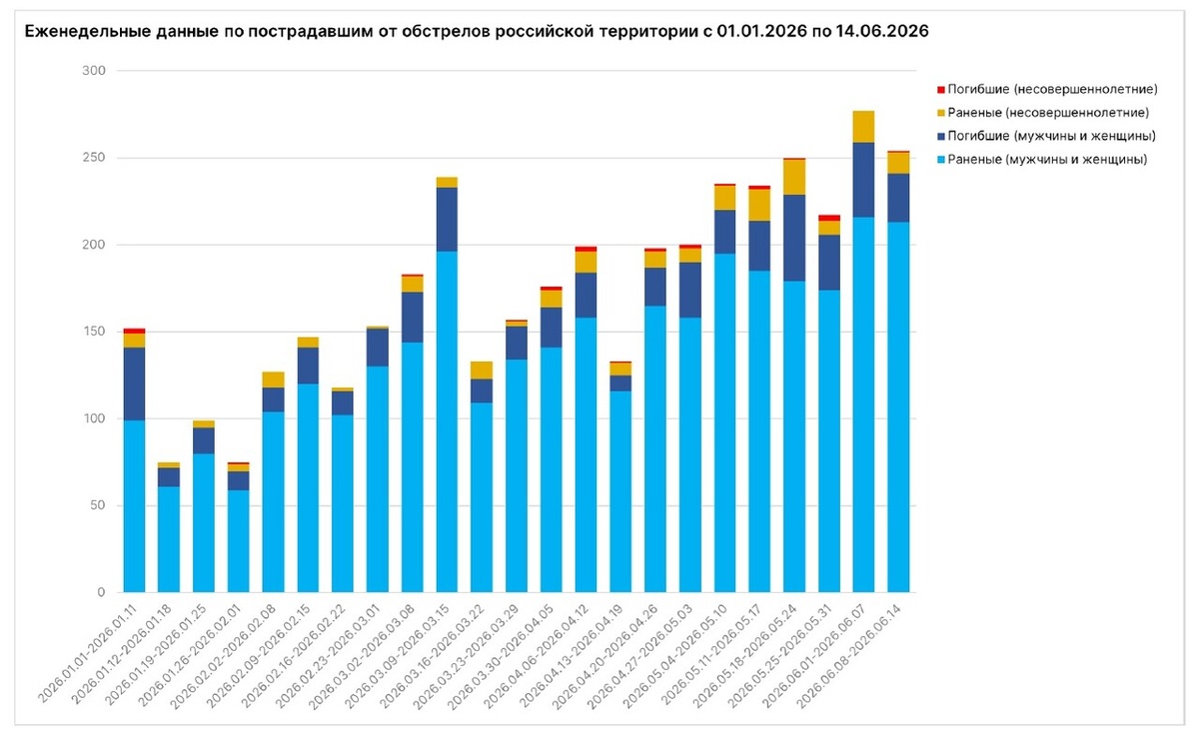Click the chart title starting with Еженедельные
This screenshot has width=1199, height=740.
pos(477,31)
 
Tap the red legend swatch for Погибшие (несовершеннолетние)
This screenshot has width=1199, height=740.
pos(940,90)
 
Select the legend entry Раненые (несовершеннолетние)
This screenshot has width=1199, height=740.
pos(1048,113)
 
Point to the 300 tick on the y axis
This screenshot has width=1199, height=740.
pos(94,71)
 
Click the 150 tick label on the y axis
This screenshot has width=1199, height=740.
pos(94,332)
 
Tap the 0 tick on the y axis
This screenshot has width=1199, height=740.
pos(101,592)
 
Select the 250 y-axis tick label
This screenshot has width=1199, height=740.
pos(94,158)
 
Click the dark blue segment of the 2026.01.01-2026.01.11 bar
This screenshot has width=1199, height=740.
pos(134,383)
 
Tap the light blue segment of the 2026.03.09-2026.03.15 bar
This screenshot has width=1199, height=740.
pos(447,421)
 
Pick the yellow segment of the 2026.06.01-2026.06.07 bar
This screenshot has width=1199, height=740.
pos(863,127)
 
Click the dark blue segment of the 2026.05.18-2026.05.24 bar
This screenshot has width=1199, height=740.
pos(794,238)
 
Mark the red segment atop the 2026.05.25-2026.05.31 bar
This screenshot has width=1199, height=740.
pos(829,218)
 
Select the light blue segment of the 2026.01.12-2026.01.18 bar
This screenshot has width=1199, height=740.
pos(169,539)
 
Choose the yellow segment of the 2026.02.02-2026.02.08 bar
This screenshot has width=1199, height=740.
pos(273,379)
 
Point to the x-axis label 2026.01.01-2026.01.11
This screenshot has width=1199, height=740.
pos(87,653)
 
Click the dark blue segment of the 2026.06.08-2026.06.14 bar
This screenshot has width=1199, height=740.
pos(898,198)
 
